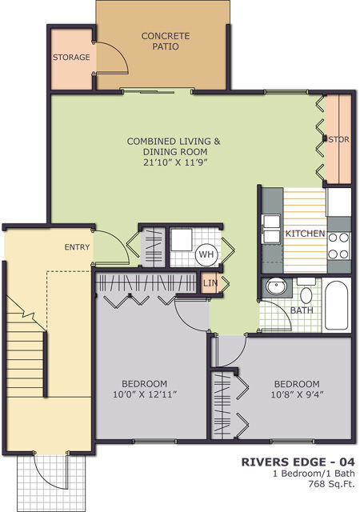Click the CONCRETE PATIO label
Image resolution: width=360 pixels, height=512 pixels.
coord(165,41)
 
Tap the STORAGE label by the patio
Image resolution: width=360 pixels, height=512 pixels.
coord(70,58)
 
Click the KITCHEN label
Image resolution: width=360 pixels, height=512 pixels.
coord(305,234)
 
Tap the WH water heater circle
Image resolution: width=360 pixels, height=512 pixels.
coord(206,255)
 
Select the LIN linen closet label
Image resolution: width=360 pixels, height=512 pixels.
coord(210,283)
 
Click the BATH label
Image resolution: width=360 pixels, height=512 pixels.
coord(301,310)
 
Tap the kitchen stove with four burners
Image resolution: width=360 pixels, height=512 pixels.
coord(338,244)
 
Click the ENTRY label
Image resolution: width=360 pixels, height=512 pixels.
coord(77,247)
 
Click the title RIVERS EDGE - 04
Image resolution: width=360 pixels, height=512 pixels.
coord(298,462)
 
